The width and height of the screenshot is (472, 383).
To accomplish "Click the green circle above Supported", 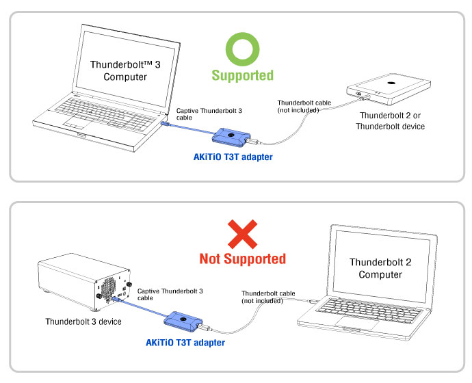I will point(242,50).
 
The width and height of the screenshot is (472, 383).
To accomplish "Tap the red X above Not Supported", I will point(242,234).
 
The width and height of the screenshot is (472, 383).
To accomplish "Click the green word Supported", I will point(242,75).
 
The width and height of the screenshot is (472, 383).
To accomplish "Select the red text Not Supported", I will point(242,259).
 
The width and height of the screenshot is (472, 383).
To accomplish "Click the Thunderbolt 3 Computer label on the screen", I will point(125,70).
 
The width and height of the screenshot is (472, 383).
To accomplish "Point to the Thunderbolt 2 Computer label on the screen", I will point(380,267).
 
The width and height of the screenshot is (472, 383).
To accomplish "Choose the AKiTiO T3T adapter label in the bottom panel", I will point(185,342).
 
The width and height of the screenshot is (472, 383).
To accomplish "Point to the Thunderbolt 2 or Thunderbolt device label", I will point(392,121).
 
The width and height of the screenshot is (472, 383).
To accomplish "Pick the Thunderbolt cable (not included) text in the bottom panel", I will point(268,297).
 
